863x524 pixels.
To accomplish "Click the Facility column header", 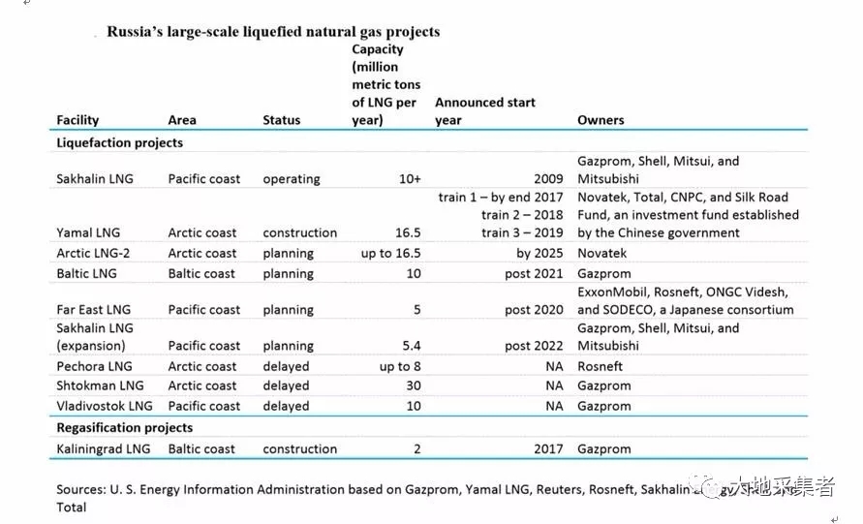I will [x=77, y=120].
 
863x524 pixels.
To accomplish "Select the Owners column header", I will [x=601, y=120].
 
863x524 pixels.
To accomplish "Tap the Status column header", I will [x=281, y=120].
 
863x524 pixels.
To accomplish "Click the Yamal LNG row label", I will [x=88, y=232].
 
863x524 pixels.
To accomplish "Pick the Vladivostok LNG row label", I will [x=105, y=406].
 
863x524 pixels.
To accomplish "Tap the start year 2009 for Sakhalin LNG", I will [x=548, y=179].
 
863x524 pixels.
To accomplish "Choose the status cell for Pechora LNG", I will [x=286, y=366].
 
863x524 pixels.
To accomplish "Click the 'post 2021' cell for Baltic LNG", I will [x=534, y=273].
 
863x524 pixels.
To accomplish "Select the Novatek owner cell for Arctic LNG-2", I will [x=602, y=253].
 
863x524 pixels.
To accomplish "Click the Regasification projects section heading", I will [x=125, y=427].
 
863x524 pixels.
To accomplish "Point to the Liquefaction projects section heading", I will [x=120, y=142].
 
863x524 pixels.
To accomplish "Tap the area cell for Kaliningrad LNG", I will [x=201, y=448].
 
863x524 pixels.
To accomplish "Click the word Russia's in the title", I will [x=137, y=32].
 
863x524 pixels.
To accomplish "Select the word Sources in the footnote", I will [x=80, y=489].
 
